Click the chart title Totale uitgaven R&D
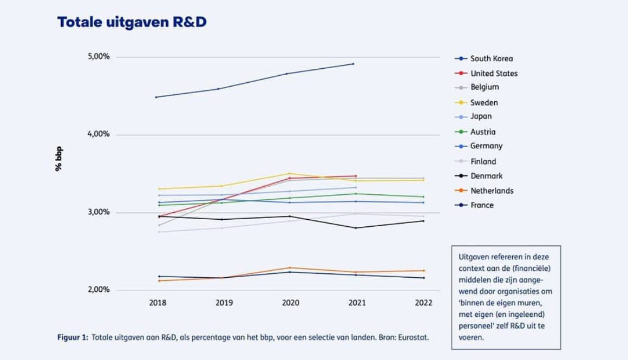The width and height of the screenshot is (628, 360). click(132, 22)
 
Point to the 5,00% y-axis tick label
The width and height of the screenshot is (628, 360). click(99, 57)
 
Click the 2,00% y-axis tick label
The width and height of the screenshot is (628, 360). click(99, 290)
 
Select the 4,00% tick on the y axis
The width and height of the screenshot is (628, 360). click(99, 134)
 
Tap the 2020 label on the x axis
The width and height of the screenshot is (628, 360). click(291, 303)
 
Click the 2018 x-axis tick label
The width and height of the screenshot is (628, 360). click(158, 303)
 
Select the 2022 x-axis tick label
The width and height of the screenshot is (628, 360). click(423, 303)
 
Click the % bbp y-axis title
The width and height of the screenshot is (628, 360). click(58, 159)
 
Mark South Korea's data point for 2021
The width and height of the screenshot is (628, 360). click(354, 64)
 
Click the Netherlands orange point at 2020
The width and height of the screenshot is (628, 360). click(290, 267)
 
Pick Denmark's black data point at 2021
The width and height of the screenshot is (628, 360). click(356, 228)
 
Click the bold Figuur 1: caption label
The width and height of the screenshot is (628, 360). click(73, 337)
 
